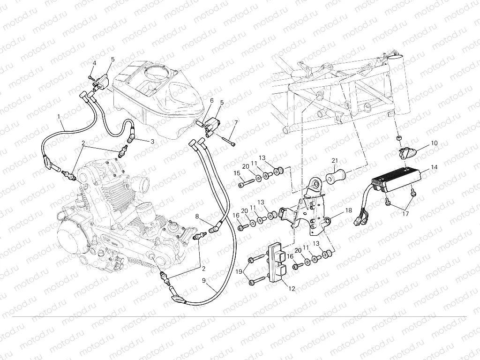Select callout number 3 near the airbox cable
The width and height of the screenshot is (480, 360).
point(152,141)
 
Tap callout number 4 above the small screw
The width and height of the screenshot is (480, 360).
point(94,63)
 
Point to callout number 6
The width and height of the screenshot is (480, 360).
point(211,101)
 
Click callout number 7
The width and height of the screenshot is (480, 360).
point(236,122)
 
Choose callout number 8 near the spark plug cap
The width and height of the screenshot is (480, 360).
point(197,217)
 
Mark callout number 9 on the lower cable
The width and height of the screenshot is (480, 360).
point(204,280)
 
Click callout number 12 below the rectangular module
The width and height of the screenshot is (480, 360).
point(292,289)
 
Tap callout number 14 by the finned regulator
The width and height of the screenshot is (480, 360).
point(434,167)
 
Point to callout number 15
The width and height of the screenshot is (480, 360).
point(236,174)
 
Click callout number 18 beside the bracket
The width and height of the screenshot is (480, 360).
point(348,211)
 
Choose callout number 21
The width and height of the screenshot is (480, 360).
point(335,161)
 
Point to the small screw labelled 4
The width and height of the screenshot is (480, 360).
point(90,77)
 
